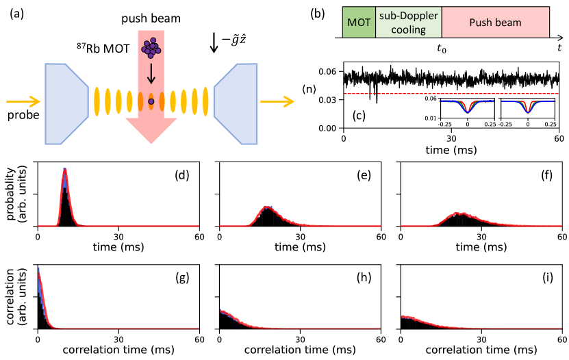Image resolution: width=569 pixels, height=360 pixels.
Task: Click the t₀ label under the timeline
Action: pos(442,49)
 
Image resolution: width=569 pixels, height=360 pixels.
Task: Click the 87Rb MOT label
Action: pos(100,50)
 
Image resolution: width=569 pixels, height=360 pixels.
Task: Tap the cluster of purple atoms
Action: pos(151,47)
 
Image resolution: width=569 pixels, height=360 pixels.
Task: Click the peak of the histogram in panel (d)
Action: pos(64,169)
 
